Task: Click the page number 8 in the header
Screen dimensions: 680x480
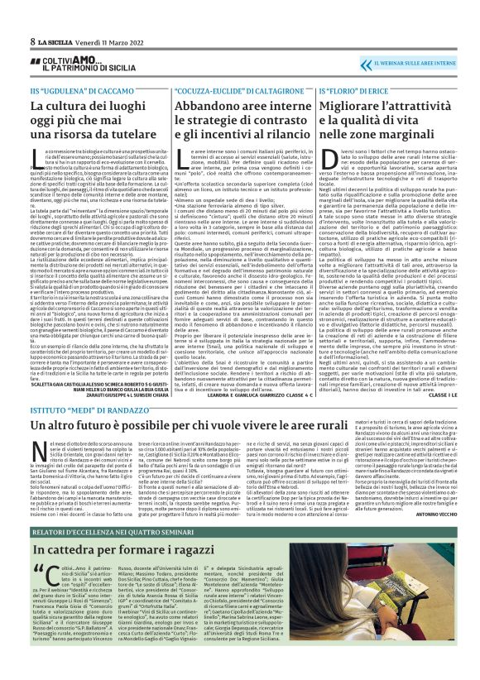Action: [32, 41]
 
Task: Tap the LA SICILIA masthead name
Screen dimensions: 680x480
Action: [55, 41]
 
